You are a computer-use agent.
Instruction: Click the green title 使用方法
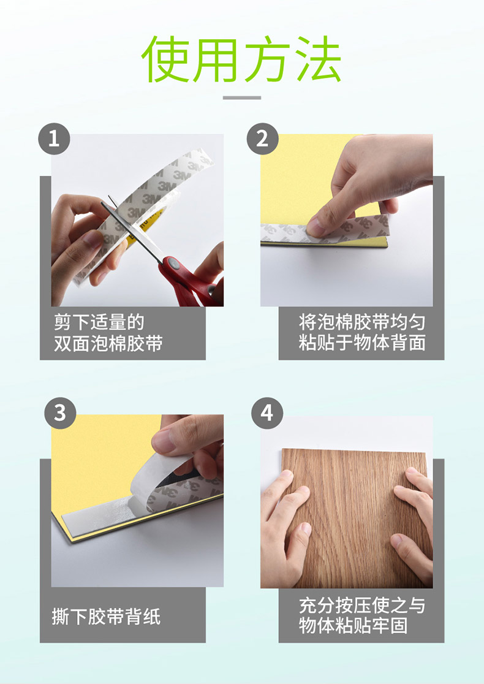pos(241,59)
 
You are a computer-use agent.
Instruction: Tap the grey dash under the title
pos(242,97)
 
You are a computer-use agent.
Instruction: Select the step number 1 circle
pos(54,139)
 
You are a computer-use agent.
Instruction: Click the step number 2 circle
pos(262,139)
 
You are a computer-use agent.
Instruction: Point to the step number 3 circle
pos(60,413)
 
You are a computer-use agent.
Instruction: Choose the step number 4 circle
pos(267,413)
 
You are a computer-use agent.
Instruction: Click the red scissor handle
pos(187,281)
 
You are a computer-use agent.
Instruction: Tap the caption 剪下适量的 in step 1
pos(99,322)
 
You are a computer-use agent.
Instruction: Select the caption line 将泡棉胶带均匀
pos(362,322)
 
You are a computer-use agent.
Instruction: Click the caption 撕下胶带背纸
pos(106,617)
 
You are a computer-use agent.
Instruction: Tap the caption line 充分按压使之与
pos(362,606)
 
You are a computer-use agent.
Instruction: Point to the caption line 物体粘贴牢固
pos(353,625)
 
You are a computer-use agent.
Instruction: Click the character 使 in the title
pos(165,59)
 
